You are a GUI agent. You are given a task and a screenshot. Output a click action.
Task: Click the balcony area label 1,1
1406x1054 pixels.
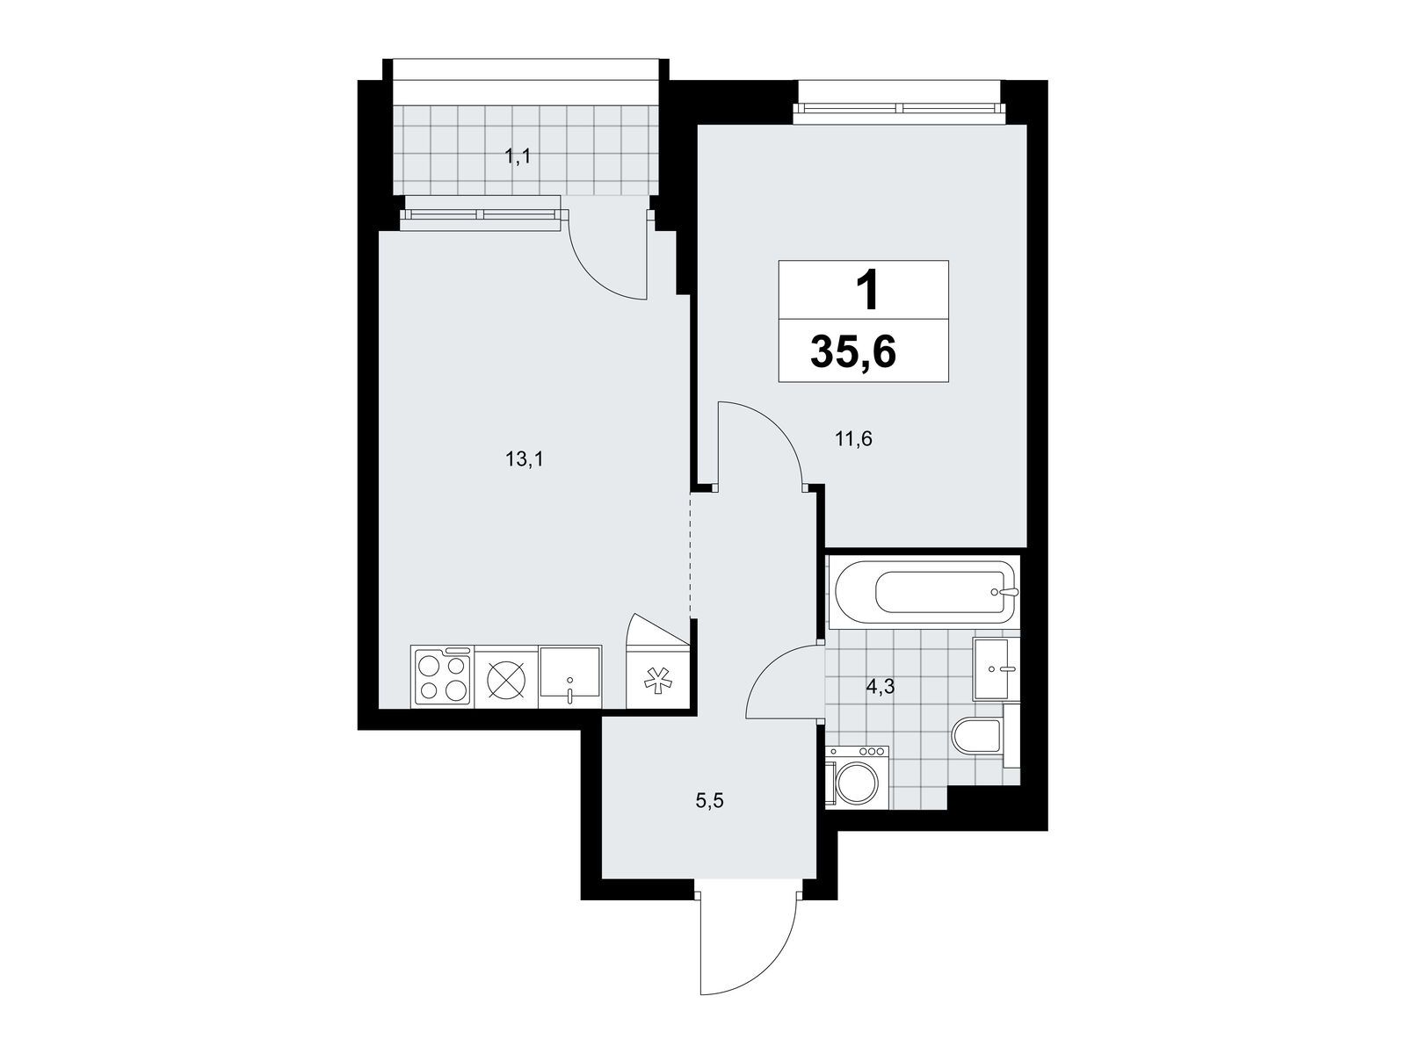click(x=518, y=156)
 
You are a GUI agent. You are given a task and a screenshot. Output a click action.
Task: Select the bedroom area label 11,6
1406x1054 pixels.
click(x=853, y=440)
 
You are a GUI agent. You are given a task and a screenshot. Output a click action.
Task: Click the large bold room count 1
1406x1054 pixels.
click(x=867, y=291)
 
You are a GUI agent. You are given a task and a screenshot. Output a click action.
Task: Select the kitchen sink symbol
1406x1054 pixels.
click(x=570, y=675)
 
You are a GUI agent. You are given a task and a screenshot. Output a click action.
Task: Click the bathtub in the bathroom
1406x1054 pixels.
click(x=923, y=592)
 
